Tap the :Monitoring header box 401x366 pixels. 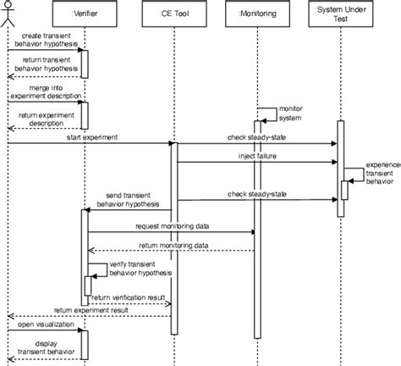(255, 13)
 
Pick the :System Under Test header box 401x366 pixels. (340, 13)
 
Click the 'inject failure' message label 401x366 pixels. (255, 157)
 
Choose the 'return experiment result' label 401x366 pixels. (91, 311)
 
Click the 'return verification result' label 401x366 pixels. (129, 297)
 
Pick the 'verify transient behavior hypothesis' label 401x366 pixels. (140, 269)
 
